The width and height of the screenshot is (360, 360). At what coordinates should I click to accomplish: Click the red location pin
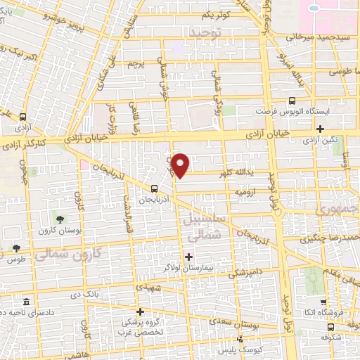click(181, 165)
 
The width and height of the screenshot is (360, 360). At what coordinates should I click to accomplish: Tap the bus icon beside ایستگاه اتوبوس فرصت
click(292, 100)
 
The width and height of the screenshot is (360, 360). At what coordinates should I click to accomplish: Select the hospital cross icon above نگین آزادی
click(321, 129)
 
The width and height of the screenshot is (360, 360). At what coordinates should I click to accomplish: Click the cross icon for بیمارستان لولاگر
click(188, 256)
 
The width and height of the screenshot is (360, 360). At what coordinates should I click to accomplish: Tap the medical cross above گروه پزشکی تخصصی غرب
click(140, 311)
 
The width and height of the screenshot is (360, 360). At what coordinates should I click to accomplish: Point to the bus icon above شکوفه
click(330, 326)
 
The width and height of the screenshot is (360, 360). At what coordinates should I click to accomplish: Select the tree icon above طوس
click(15, 248)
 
